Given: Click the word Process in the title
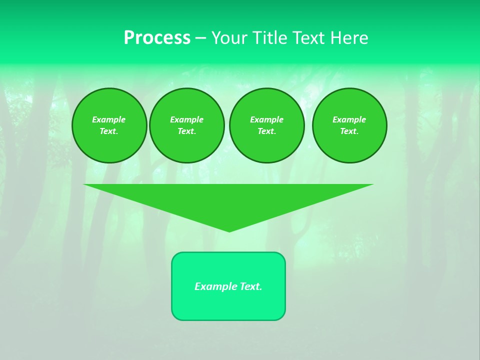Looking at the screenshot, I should tap(157, 38).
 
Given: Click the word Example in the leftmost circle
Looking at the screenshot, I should tap(109, 119).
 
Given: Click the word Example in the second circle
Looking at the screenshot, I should tap(186, 119).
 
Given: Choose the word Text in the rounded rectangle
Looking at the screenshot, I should tap(251, 286).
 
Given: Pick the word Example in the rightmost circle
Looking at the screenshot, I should tap(349, 119).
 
